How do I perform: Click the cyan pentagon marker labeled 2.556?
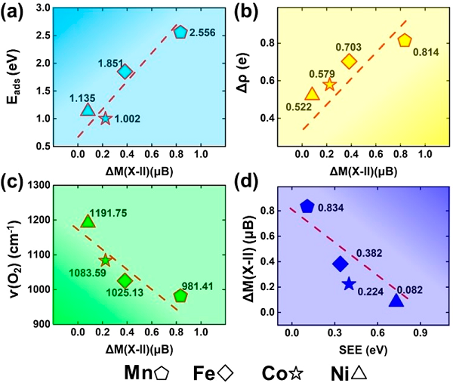pos(180,32)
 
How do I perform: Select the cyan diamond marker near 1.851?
pos(125,72)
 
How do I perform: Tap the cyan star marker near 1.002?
pos(105,118)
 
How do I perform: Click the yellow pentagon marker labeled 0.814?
pos(405,40)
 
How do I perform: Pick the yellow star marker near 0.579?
pos(329,85)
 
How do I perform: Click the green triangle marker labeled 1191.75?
pos(88,221)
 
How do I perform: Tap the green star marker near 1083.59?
pos(105,261)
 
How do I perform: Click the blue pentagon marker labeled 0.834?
pos(307,207)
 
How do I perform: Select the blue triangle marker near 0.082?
pos(396,300)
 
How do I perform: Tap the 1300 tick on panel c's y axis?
pos(37,186)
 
